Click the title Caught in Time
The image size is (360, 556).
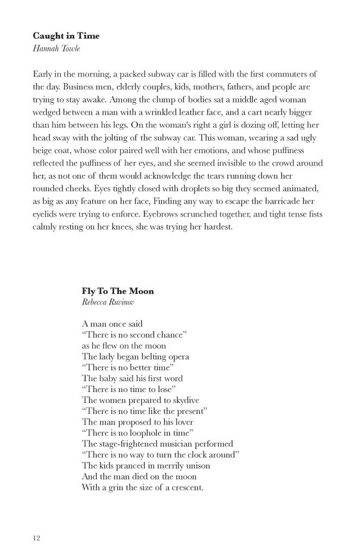tap(66, 36)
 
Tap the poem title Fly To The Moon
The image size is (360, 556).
tap(118, 291)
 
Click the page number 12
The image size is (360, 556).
tap(36, 538)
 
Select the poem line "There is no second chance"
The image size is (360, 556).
tap(134, 335)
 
